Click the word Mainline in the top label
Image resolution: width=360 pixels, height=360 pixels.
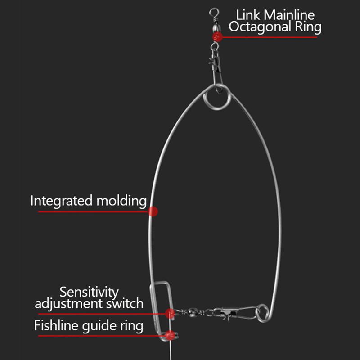point(289,15)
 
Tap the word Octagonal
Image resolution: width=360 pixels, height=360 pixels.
point(260,27)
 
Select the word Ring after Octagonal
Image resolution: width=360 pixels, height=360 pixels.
point(308,27)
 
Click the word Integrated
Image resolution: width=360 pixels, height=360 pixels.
point(61,201)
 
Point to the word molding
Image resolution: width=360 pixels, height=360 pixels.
point(121,201)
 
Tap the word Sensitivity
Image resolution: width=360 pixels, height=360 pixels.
point(89,292)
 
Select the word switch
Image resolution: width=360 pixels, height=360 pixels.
point(125,303)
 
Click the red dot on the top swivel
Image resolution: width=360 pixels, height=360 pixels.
point(217,37)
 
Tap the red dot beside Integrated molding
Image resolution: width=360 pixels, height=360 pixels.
point(153,211)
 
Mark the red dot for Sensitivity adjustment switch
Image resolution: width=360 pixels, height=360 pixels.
point(170,314)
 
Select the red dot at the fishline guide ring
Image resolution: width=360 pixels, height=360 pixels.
point(170,335)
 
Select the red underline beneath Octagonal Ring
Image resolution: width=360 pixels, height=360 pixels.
point(270,37)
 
